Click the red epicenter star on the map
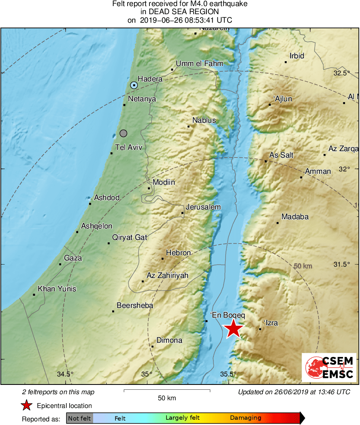[x=234, y=329]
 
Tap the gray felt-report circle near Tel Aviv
[x=124, y=133]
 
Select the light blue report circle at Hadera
[x=134, y=85]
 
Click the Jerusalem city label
[x=203, y=207]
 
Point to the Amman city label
[x=318, y=171]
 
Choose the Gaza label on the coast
[x=73, y=258]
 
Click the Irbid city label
[x=297, y=56]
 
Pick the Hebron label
[x=178, y=253]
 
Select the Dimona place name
[x=169, y=340]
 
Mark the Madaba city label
[x=295, y=217]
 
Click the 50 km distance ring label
[x=303, y=266]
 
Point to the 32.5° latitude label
[x=341, y=73]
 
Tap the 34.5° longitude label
[x=65, y=374]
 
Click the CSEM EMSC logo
[x=329, y=367]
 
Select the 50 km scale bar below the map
[x=166, y=391]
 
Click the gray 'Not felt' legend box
[x=79, y=418]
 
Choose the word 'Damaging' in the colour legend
[x=245, y=418]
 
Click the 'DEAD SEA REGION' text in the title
[x=180, y=12]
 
